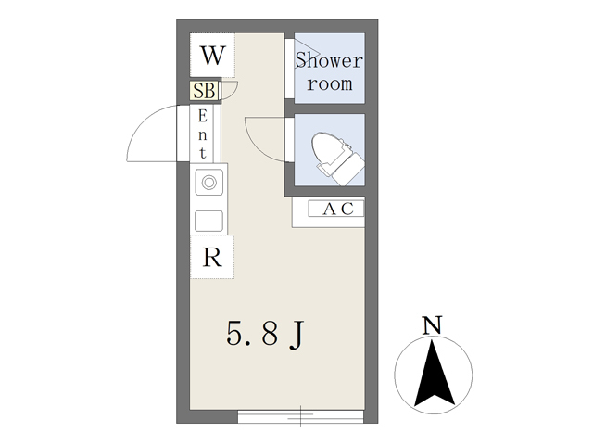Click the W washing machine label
pos(213,56)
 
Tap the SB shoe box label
pos(204,91)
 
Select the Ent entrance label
pos(203,133)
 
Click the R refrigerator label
pos(212,258)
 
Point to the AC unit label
pos(338,209)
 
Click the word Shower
pos(329,60)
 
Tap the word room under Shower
pos(330,84)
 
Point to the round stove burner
pos(208,183)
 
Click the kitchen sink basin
pos(208,221)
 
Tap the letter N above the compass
pos(433,325)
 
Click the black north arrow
pos(434,373)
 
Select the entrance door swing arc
pos(145,121)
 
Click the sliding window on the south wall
pos(300,416)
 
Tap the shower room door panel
pos(289,69)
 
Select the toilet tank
pos(349,169)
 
